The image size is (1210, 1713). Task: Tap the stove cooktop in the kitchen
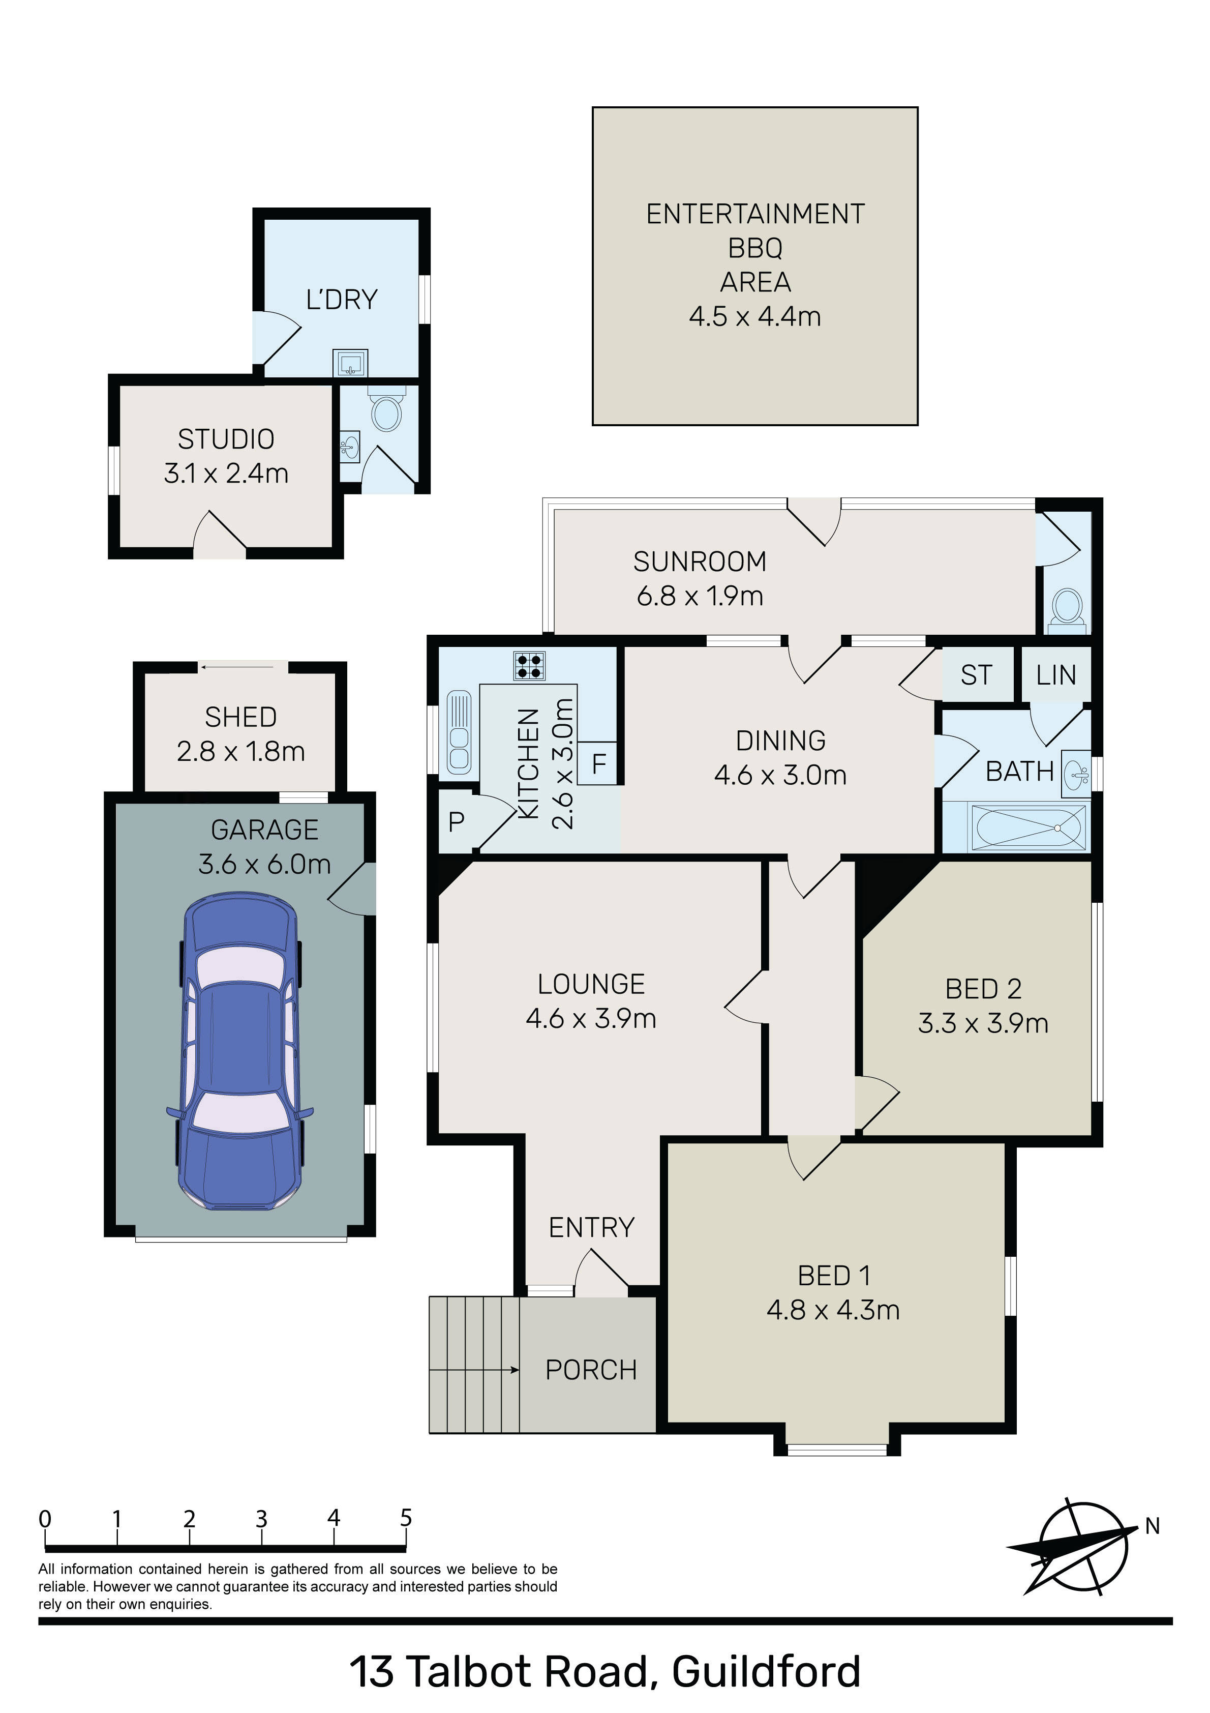(529, 665)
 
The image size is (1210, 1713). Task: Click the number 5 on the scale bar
(406, 1518)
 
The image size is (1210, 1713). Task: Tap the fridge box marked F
(598, 763)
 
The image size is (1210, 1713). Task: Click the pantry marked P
(457, 821)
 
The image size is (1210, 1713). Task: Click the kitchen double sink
(459, 732)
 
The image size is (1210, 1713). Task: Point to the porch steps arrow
(474, 1370)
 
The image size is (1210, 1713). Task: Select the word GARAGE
(265, 830)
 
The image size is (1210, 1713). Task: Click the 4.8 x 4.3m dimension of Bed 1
(833, 1309)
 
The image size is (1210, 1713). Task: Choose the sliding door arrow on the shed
(238, 667)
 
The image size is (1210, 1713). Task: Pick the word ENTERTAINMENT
(755, 214)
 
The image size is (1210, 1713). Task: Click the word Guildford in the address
(766, 1671)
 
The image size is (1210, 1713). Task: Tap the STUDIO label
(226, 439)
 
